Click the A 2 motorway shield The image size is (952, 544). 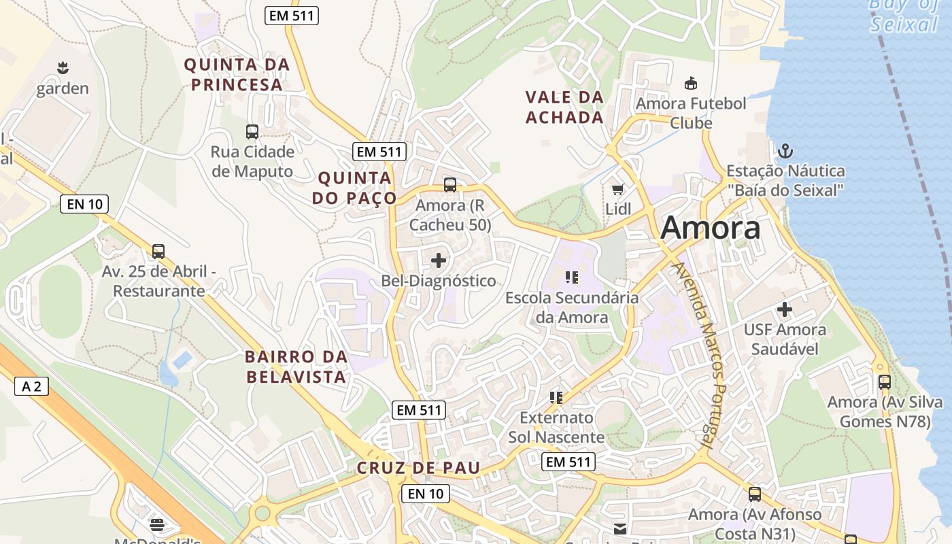pyautogui.click(x=31, y=387)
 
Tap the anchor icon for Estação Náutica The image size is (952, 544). pyautogui.click(x=785, y=151)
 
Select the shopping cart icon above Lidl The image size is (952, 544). pyautogui.click(x=617, y=190)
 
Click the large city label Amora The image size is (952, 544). pyautogui.click(x=710, y=228)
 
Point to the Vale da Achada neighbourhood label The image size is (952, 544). pyautogui.click(x=564, y=107)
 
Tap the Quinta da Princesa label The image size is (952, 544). pyautogui.click(x=237, y=75)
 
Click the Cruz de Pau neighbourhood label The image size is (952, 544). pyautogui.click(x=418, y=468)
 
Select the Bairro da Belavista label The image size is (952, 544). pyautogui.click(x=296, y=367)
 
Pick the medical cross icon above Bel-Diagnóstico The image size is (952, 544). pyautogui.click(x=439, y=260)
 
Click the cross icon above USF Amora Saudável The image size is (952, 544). pyautogui.click(x=785, y=309)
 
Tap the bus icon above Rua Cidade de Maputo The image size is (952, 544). pyautogui.click(x=252, y=132)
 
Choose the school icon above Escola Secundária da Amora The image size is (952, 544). pyautogui.click(x=571, y=277)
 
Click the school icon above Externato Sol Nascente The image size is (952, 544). pyautogui.click(x=556, y=397)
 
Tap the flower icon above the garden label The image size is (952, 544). pyautogui.click(x=63, y=68)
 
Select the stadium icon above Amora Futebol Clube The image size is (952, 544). pyautogui.click(x=690, y=84)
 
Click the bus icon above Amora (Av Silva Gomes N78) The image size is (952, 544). pyautogui.click(x=884, y=381)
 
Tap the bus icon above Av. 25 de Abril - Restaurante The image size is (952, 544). pyautogui.click(x=158, y=252)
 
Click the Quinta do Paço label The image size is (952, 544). pyautogui.click(x=354, y=188)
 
